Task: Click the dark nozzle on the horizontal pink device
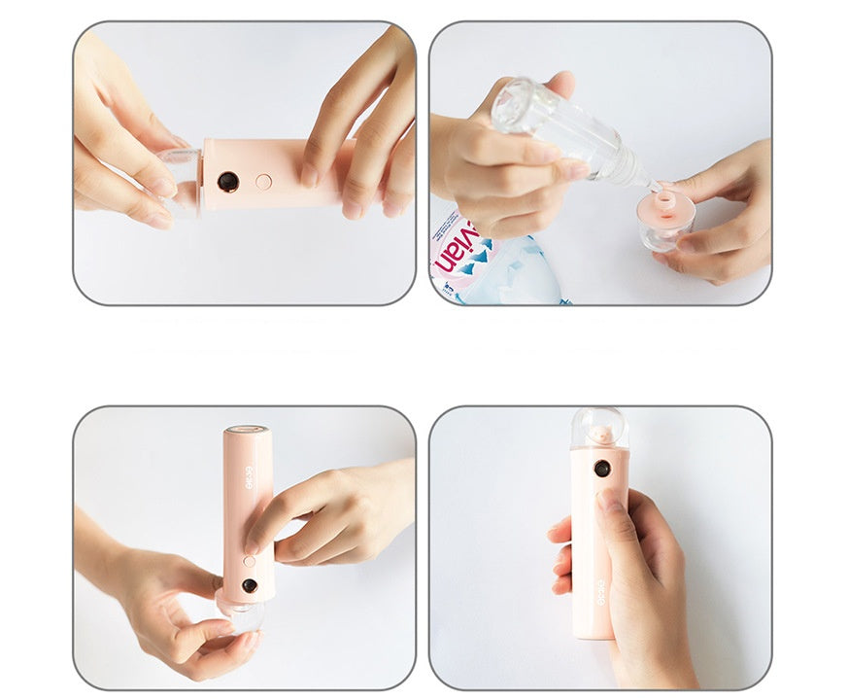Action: (228, 182)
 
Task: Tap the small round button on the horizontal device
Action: (263, 181)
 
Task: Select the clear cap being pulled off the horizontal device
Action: (183, 181)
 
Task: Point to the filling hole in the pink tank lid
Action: (665, 202)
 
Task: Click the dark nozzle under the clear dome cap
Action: (602, 468)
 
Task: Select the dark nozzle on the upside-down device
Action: (250, 585)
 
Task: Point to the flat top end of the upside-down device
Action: (247, 429)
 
